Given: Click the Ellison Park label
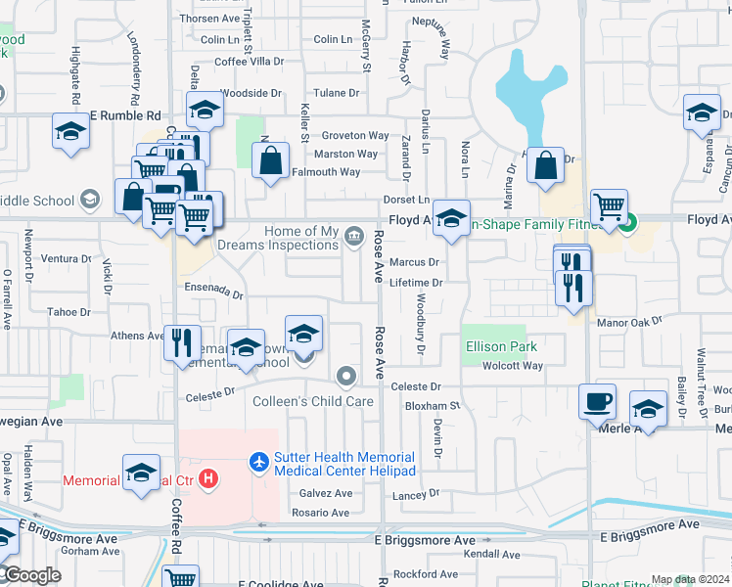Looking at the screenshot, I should point(500,346).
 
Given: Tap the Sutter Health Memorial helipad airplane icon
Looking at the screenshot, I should point(259,458).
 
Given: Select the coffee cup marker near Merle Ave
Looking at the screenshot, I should point(598,401).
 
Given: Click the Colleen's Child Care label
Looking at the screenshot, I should point(313,401).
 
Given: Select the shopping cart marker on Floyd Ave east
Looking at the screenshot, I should point(609,206).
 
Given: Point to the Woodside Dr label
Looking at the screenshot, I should point(251,93).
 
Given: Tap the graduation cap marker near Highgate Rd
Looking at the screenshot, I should point(71,133).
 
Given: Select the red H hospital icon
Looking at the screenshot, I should point(206,479).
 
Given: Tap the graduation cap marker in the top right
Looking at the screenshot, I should point(701,113).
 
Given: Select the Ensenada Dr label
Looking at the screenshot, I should point(213,293).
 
